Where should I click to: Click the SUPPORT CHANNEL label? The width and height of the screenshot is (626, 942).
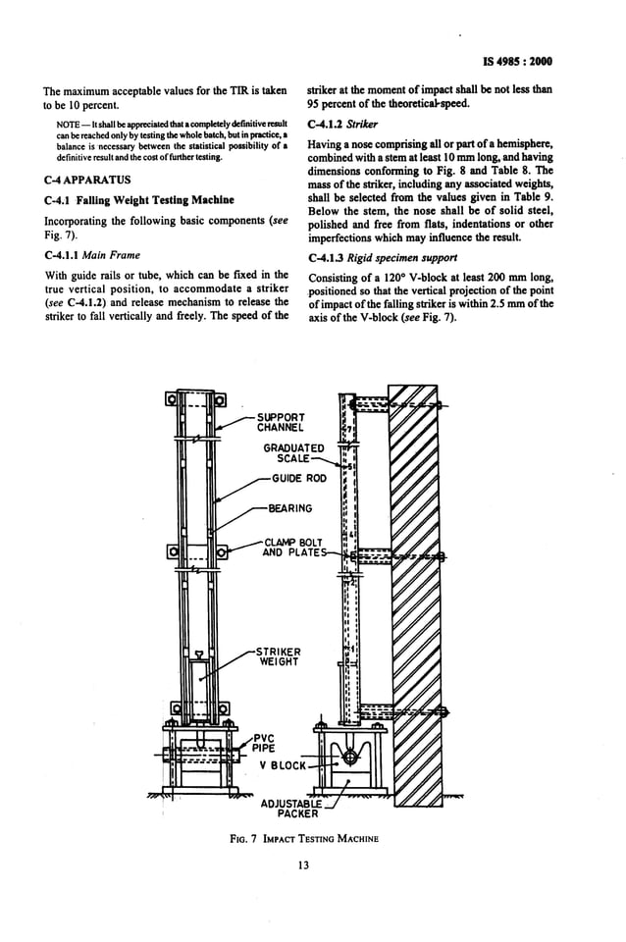[x=281, y=422]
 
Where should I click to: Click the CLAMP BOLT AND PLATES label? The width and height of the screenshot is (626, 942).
[x=292, y=547]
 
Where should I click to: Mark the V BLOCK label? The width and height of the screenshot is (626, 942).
[x=284, y=764]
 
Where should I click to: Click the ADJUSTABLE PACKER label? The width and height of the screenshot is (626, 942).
[x=291, y=808]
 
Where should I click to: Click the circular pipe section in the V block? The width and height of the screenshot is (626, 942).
[x=349, y=757]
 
